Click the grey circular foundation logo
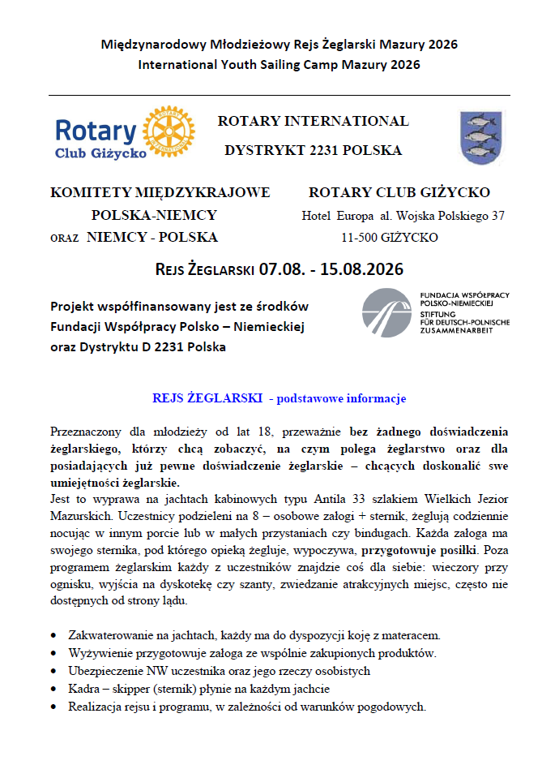point(386,313)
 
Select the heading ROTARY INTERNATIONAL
point(313,122)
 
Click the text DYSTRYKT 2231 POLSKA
point(313,151)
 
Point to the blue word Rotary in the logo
point(96,130)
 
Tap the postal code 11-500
point(361,238)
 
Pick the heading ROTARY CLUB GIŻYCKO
point(399,193)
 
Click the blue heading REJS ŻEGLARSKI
point(207,398)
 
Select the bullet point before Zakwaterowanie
point(53,635)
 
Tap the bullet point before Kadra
point(53,690)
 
